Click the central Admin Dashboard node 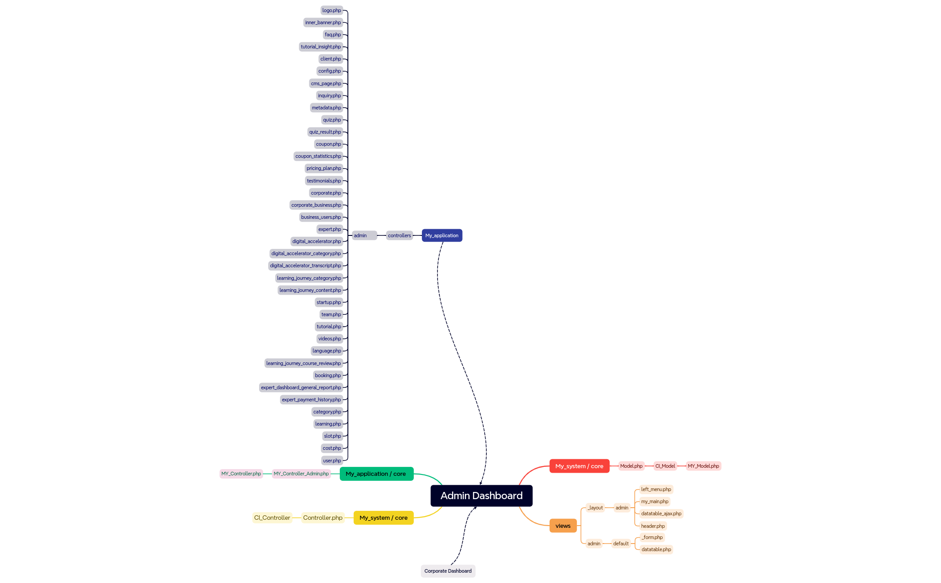coord(481,496)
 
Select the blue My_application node coord(442,235)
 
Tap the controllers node coord(399,235)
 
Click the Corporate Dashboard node coord(448,571)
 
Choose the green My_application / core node coord(377,474)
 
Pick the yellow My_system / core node coord(384,518)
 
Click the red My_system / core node coord(579,466)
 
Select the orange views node coord(563,526)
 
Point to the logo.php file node coord(332,10)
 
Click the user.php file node coord(332,461)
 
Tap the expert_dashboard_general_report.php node coord(301,387)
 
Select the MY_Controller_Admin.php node coord(301,474)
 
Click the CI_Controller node coord(272,518)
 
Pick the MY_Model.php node coord(703,466)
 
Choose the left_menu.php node coord(656,489)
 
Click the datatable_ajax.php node coord(661,513)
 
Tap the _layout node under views coord(595,508)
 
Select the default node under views coord(621,544)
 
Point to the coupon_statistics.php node coord(318,156)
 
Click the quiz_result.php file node coord(325,132)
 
